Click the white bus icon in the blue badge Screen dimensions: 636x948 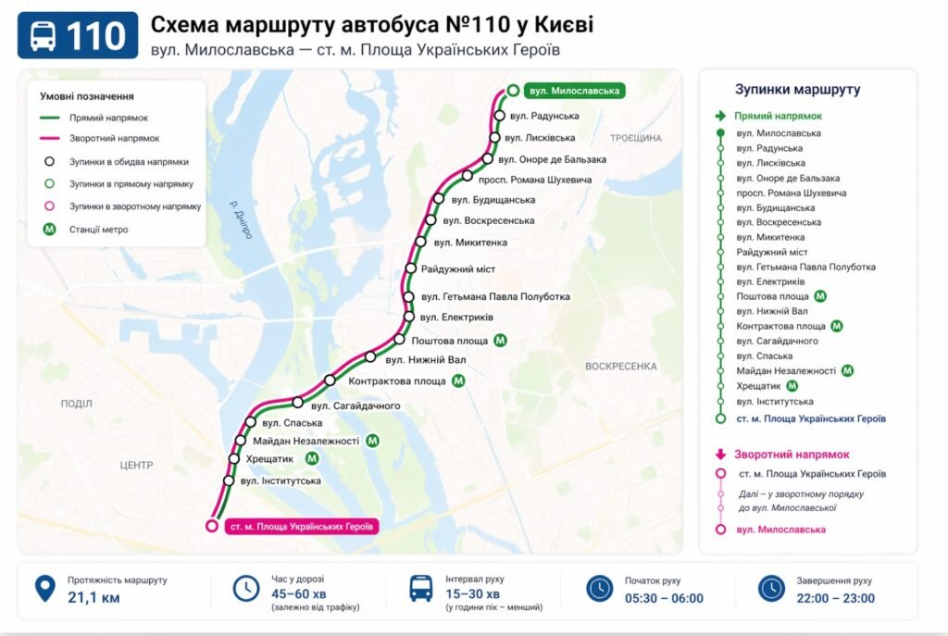[44, 36]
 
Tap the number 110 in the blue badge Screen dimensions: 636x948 [96, 36]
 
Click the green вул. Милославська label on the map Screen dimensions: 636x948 [572, 91]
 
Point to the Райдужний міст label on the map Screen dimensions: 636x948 [458, 269]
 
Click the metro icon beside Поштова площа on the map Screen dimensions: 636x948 [501, 341]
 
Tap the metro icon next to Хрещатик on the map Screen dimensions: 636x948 [312, 458]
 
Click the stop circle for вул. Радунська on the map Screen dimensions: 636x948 [500, 116]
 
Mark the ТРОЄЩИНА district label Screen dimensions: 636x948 [636, 138]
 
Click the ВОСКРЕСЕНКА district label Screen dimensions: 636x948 [620, 367]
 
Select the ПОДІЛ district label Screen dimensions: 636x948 [76, 404]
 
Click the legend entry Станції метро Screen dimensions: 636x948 [98, 230]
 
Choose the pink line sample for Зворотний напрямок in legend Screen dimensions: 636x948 [50, 139]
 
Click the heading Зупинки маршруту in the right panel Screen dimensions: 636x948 [797, 90]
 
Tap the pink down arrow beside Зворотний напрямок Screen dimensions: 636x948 [720, 455]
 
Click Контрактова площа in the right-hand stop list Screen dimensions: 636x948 [780, 327]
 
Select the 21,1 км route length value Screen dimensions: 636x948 [94, 598]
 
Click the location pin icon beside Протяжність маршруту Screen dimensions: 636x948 [44, 589]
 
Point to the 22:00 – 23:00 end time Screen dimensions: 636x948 [835, 598]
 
